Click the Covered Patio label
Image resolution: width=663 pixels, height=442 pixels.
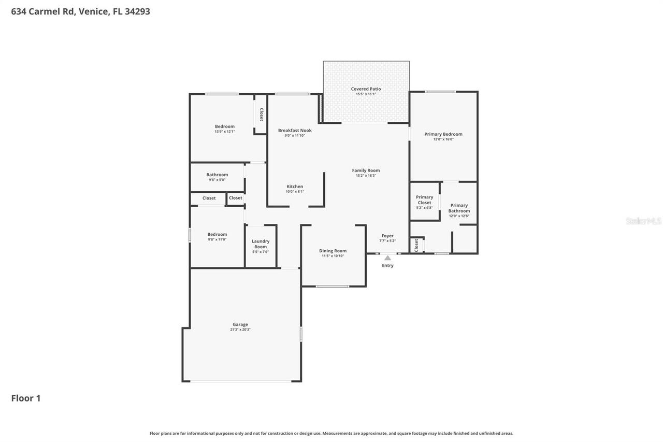click(366, 89)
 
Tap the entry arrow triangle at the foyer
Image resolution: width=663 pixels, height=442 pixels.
click(387, 258)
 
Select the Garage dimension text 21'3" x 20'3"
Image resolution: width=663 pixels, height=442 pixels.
click(240, 330)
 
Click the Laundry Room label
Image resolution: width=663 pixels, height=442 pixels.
click(261, 244)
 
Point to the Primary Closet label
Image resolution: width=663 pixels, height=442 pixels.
click(424, 200)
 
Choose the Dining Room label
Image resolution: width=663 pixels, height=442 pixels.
click(333, 251)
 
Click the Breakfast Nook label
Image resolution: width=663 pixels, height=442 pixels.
click(295, 131)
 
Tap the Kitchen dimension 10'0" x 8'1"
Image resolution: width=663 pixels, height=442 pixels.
click(295, 192)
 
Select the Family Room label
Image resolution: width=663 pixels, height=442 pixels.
click(366, 170)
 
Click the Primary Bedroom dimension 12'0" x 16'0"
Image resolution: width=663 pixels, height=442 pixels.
click(443, 139)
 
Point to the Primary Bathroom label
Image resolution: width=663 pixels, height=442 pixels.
click(459, 208)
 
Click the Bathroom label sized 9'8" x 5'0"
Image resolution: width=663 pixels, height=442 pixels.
click(217, 175)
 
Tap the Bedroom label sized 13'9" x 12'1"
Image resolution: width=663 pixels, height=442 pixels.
click(225, 126)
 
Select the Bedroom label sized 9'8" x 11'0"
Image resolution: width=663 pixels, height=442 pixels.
click(217, 234)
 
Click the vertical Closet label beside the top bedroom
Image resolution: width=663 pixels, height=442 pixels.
click(261, 115)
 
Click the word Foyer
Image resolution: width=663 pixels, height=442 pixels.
click(387, 236)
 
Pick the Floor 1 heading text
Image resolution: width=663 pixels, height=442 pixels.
click(26, 398)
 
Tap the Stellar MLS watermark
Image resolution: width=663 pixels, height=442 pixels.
click(643, 221)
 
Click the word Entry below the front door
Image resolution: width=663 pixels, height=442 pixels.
click(387, 265)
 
